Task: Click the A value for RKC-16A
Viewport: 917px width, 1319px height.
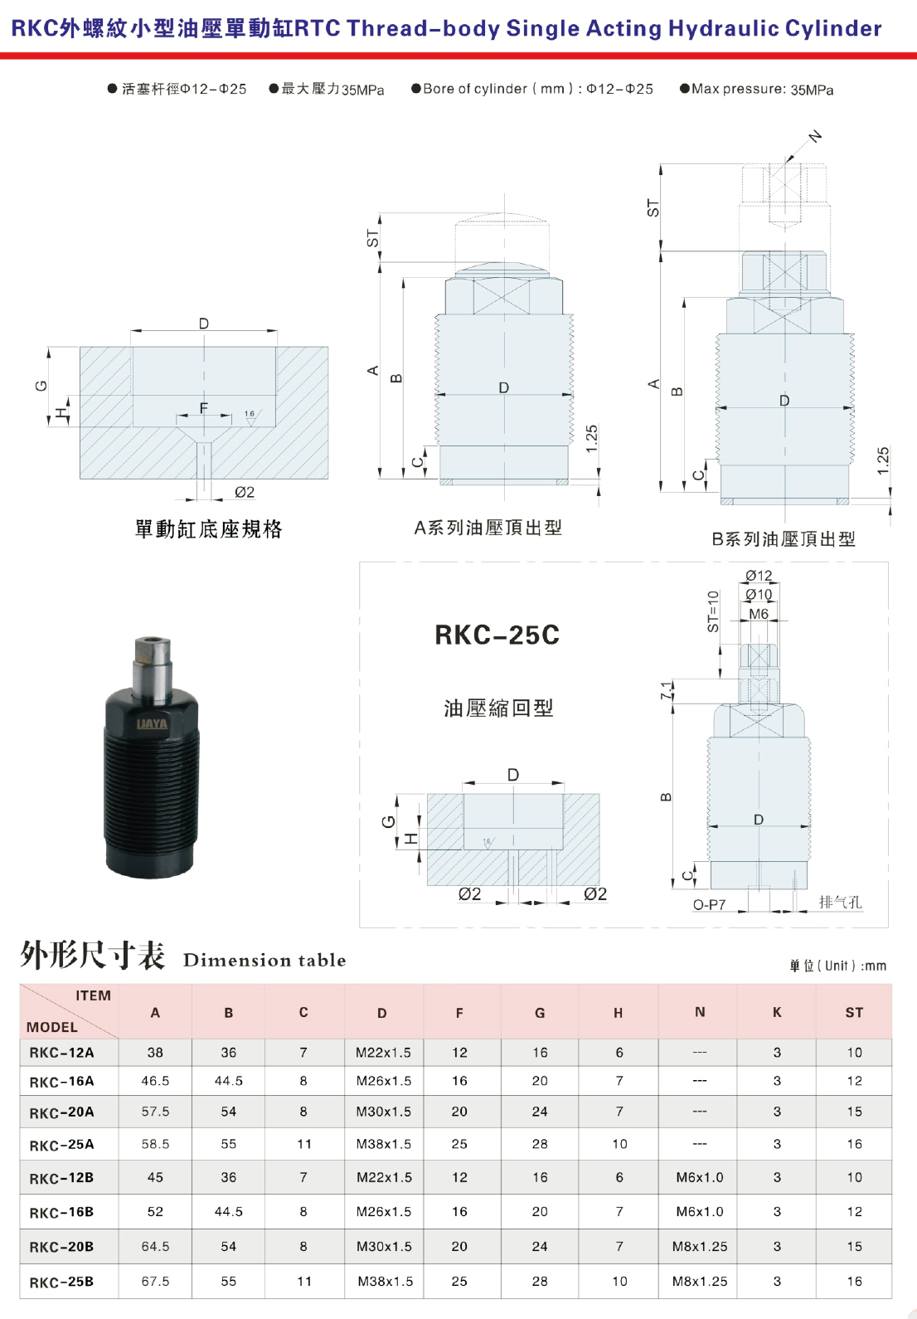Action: click(155, 1081)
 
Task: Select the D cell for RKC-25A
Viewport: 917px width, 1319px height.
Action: click(384, 1143)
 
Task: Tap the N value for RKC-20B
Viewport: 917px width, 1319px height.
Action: click(700, 1246)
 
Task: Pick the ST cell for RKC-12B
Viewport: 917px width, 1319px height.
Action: click(854, 1177)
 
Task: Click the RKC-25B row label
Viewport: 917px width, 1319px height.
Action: click(62, 1282)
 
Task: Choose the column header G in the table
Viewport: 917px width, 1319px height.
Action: click(540, 1013)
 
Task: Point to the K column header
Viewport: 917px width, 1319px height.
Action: click(777, 1012)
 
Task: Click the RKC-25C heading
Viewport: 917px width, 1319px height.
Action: click(497, 635)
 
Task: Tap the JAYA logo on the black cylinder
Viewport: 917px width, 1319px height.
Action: click(152, 723)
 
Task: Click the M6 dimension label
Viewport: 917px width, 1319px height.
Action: click(759, 614)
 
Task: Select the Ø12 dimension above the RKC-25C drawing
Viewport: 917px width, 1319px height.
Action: click(759, 575)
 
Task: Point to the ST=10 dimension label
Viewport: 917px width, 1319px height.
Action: click(713, 611)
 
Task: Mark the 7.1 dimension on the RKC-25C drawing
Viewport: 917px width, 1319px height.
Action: click(666, 691)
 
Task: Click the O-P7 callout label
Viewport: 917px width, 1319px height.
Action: click(709, 904)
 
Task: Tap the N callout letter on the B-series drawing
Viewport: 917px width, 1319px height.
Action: click(815, 137)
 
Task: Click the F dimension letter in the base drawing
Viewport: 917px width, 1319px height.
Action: click(204, 407)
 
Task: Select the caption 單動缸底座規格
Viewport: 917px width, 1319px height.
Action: click(208, 528)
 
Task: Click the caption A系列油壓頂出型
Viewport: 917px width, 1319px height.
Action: click(488, 528)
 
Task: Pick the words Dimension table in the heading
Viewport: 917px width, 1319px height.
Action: click(264, 961)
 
